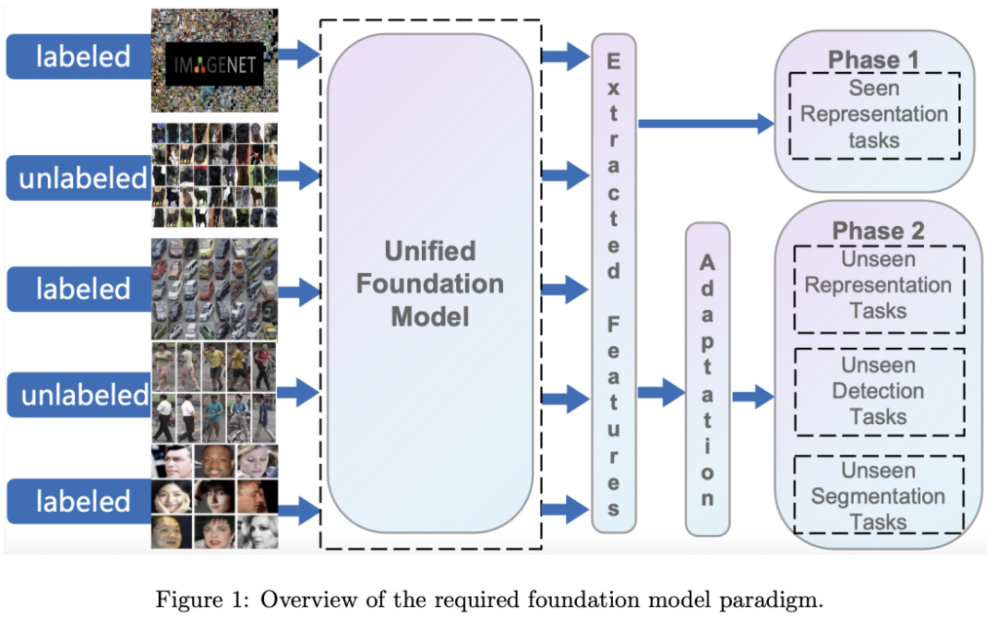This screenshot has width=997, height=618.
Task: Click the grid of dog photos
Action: [x=214, y=175]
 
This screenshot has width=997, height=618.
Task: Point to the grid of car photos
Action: [x=214, y=289]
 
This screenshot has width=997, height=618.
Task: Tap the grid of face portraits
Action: [x=214, y=498]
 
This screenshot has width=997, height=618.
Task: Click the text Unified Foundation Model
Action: [x=430, y=284]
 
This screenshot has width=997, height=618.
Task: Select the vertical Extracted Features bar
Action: [x=614, y=282]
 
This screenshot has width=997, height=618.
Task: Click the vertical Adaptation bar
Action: [x=707, y=379]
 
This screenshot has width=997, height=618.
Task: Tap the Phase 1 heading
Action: [x=873, y=61]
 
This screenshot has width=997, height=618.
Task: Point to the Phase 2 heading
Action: [x=877, y=232]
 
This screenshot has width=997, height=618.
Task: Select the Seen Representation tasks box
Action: [x=873, y=114]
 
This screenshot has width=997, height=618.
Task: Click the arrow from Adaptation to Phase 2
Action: [x=753, y=397]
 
